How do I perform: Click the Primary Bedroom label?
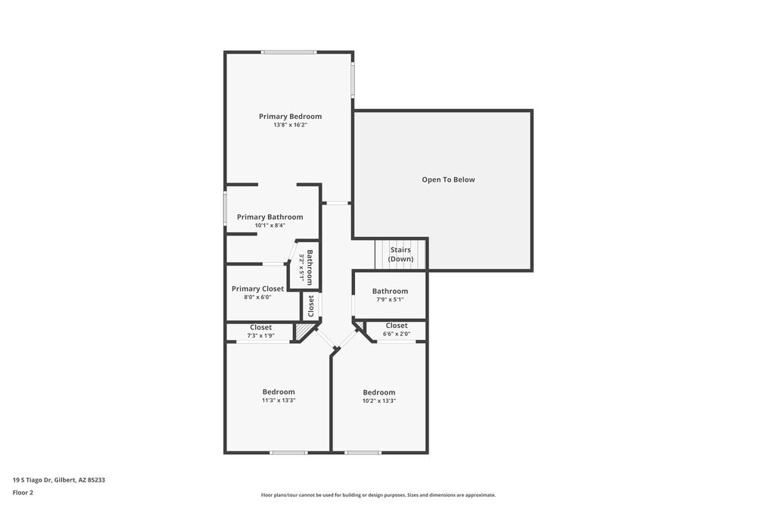click(290, 117)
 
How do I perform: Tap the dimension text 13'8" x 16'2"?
click(290, 125)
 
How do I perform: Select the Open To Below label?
click(448, 179)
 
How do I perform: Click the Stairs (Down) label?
click(400, 254)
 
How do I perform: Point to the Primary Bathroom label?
click(269, 217)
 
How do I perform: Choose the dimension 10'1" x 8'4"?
click(269, 225)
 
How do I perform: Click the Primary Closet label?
click(257, 288)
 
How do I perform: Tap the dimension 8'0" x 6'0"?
click(257, 297)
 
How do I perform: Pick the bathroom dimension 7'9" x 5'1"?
click(390, 299)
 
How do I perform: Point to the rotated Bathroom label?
click(309, 267)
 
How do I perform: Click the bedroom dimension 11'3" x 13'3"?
click(279, 401)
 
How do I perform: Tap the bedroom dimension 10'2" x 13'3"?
click(379, 401)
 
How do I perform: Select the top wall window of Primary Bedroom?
click(288, 52)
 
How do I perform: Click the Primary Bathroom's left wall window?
click(225, 208)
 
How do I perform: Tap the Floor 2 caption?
click(23, 492)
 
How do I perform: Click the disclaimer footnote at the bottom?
click(378, 495)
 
